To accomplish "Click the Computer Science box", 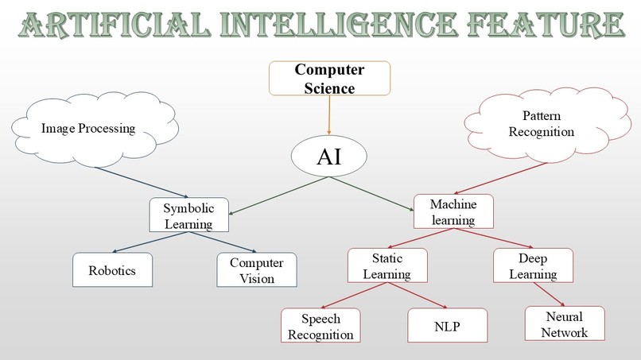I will [x=329, y=79].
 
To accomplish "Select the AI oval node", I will [x=328, y=156].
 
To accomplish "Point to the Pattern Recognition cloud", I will [x=542, y=124].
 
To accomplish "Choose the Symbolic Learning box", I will [x=188, y=215].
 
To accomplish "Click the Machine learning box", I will [x=453, y=211].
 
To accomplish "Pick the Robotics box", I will [x=112, y=270].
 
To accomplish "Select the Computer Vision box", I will [x=256, y=270].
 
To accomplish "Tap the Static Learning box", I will [x=387, y=266].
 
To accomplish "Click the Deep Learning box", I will [x=533, y=266].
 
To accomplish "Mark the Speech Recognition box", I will [x=320, y=327].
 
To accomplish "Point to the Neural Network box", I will [x=564, y=324].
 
